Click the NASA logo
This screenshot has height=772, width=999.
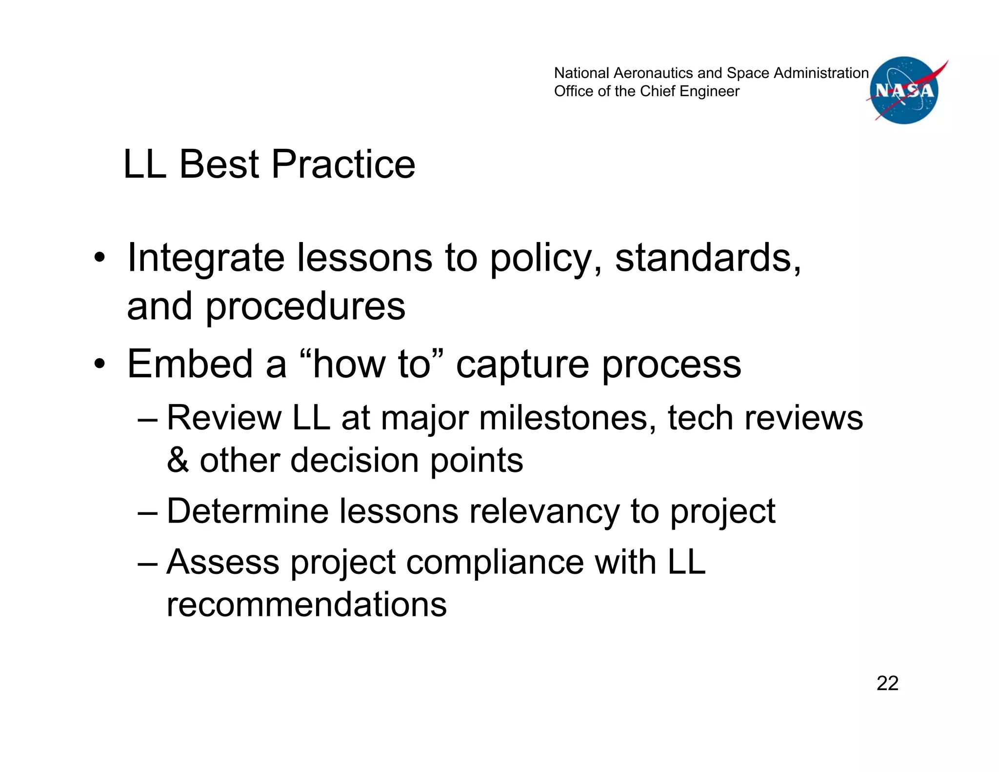(904, 90)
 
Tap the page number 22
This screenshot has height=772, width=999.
(887, 683)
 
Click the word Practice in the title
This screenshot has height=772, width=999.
(343, 164)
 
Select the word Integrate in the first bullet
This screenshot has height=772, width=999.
(205, 259)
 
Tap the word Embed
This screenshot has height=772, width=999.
(190, 364)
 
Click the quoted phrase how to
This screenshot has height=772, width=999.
(372, 364)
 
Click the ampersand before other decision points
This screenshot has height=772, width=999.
(178, 460)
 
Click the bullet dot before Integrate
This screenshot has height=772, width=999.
(100, 259)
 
